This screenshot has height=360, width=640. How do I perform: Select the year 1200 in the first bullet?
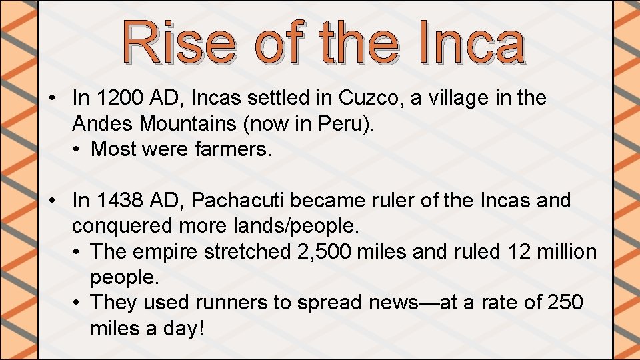click(x=119, y=99)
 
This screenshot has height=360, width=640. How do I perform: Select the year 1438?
click(x=119, y=201)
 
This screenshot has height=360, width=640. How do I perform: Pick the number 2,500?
click(x=321, y=251)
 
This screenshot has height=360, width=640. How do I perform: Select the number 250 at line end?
click(x=565, y=302)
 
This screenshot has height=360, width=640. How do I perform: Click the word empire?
click(x=164, y=251)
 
